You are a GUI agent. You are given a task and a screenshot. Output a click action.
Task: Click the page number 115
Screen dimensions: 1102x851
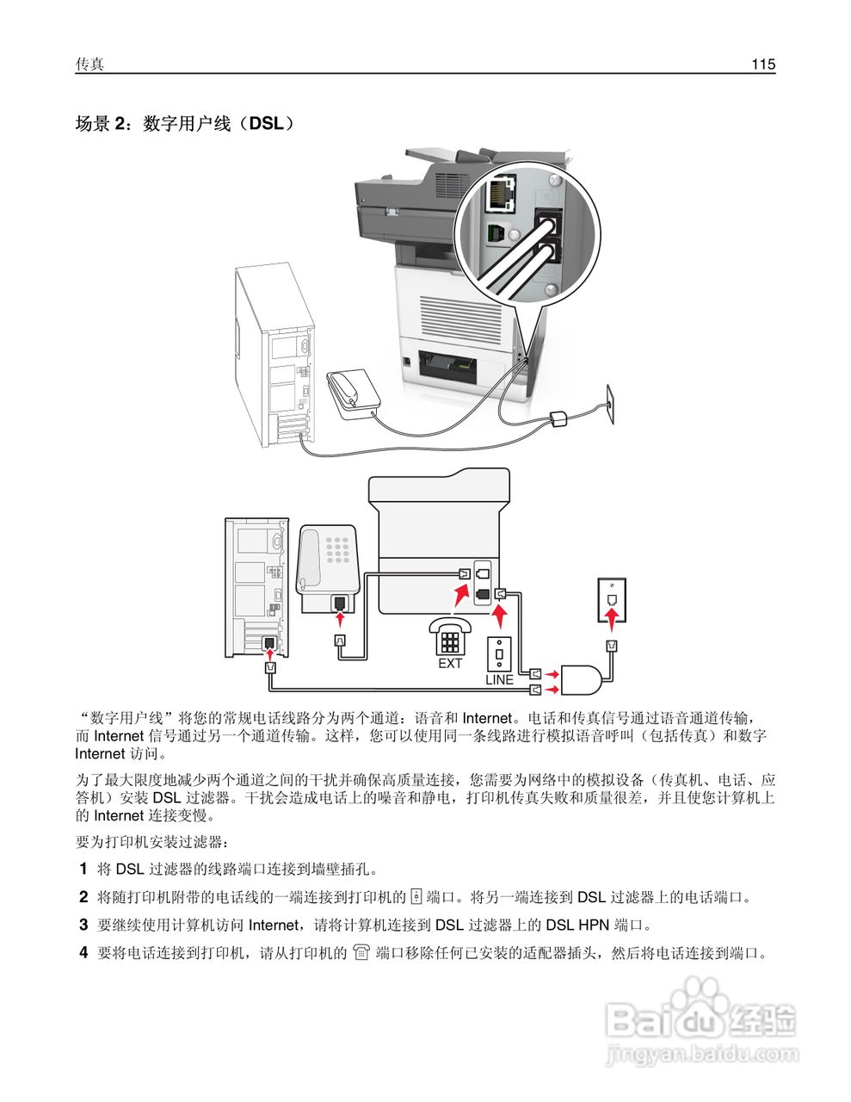[762, 65]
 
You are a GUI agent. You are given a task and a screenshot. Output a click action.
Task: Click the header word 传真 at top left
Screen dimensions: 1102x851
[89, 65]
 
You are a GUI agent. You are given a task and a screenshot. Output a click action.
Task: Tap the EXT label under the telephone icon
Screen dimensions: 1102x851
[450, 664]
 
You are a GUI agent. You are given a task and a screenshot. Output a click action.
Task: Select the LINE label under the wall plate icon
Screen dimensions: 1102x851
[499, 679]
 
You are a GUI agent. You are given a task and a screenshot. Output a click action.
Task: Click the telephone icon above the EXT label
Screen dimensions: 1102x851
[449, 636]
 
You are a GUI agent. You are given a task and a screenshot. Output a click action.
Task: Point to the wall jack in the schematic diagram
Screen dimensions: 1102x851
[611, 599]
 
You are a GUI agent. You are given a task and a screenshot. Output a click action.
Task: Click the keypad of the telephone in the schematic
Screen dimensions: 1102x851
[341, 548]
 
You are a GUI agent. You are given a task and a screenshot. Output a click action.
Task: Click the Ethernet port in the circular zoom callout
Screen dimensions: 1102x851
[499, 195]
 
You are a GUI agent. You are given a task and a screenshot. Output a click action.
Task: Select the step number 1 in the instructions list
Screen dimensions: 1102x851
[83, 869]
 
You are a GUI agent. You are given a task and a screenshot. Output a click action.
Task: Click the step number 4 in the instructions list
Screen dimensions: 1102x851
[83, 953]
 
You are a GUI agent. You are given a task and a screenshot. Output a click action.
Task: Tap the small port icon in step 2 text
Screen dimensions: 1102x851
[416, 897]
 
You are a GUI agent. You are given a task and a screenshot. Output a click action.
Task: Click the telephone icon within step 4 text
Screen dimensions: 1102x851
[361, 953]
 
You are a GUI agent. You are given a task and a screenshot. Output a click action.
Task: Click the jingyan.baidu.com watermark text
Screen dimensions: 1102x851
[701, 1054]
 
